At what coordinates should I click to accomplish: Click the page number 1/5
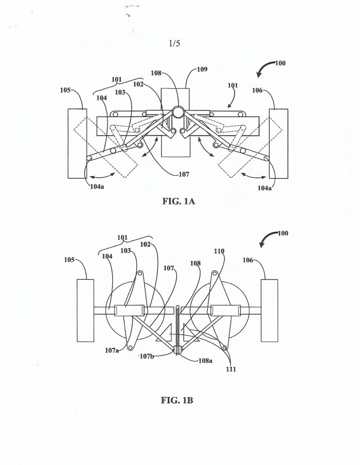point(174,43)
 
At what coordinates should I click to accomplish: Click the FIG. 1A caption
point(178,201)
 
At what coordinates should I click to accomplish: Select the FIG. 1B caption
point(177,400)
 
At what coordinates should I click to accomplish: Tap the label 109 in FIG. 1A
point(202,69)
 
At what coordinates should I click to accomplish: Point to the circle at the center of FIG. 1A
point(178,113)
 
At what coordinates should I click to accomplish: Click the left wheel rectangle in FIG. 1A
point(78,143)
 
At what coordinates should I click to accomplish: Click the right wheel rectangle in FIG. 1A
point(278,143)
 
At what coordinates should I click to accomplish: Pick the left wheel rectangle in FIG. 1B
point(85,310)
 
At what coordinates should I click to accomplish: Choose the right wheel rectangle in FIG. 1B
point(269,310)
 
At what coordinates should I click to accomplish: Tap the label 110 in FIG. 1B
point(219,251)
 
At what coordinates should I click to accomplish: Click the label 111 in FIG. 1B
point(231,369)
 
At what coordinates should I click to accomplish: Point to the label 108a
point(206,361)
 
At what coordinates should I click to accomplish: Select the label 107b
point(147,356)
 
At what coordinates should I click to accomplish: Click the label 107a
point(112,350)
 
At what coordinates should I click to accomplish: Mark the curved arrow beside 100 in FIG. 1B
point(268,239)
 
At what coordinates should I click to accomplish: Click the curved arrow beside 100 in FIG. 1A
point(266,68)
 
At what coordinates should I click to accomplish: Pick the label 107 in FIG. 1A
point(184,174)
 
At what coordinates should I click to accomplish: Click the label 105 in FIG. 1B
point(69,260)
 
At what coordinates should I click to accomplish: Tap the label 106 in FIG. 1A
point(257,90)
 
